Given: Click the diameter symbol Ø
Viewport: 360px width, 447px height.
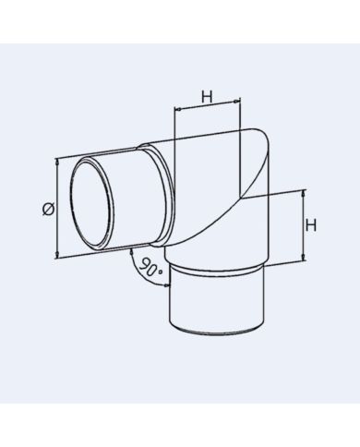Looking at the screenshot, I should point(48,209).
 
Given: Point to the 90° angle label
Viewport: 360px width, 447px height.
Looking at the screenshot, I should point(152,268).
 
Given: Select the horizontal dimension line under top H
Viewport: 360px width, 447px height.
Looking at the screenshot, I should point(210,109).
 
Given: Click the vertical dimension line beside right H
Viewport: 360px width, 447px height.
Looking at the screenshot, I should point(302,225).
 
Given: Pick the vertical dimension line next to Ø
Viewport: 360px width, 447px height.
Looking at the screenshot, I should point(58,208).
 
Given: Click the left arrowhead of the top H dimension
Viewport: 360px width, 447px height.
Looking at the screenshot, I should point(178,110).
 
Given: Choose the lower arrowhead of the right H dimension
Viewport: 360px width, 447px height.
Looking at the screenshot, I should point(302,258).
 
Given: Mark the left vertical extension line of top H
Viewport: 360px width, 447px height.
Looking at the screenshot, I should point(174,125).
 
